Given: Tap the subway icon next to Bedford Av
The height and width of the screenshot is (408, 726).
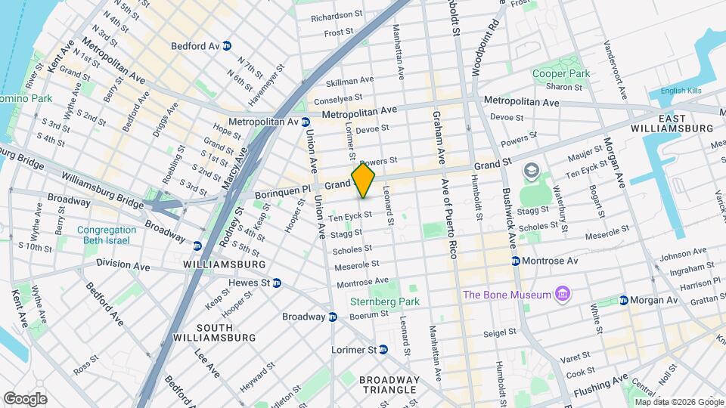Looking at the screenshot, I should click(227, 45).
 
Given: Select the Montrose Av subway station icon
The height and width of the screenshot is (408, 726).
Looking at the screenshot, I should click(515, 261).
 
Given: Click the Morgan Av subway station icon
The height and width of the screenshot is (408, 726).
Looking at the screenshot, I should click(624, 300).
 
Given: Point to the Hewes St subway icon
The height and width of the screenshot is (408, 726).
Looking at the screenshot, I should click(277, 283).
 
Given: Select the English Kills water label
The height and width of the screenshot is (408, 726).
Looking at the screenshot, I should click(681, 91).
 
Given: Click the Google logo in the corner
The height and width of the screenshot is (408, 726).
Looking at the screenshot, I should click(25, 398).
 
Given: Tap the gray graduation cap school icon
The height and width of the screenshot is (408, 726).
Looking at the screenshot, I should click(530, 172).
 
